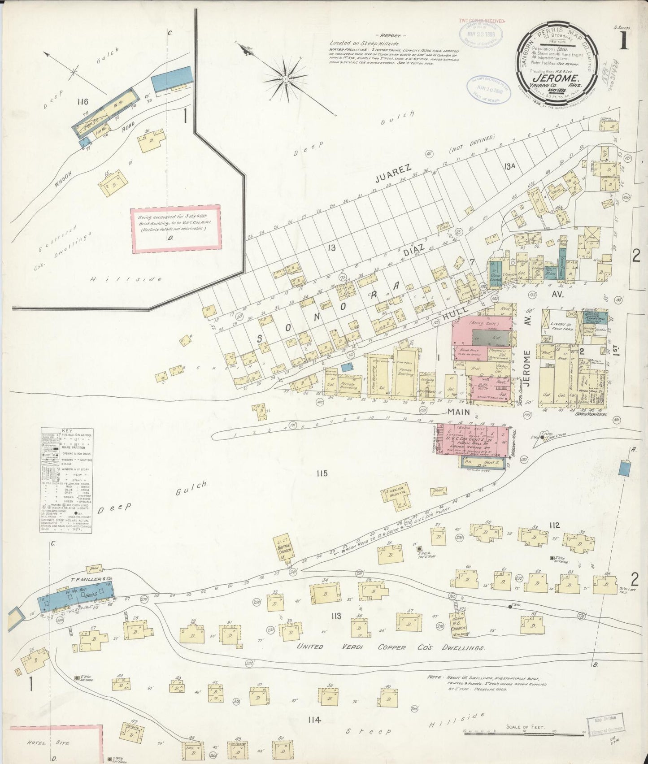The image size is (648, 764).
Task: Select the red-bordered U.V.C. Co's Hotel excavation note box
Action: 176,226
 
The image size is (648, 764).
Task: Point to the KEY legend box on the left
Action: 66,473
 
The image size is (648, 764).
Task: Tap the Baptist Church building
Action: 286,546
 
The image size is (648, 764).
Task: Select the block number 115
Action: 322,473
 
